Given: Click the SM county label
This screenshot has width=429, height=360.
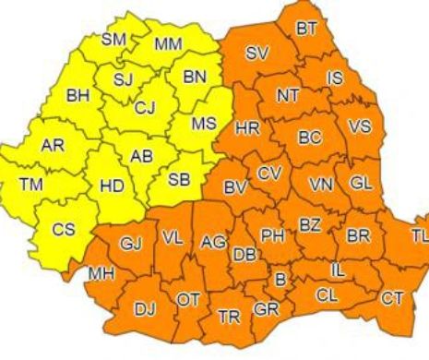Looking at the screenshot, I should [x=113, y=39].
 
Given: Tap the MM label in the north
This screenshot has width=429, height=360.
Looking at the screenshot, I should [x=168, y=43].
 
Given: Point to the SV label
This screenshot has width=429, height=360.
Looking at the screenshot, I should [x=258, y=54].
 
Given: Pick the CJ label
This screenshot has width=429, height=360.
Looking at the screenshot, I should [x=144, y=108].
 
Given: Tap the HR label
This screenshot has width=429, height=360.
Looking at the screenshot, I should [x=247, y=127].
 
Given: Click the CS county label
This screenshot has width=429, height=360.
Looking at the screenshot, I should [x=63, y=230].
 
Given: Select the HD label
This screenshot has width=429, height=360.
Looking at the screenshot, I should [x=112, y=186].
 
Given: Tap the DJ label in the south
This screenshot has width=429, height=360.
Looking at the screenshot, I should [x=145, y=309].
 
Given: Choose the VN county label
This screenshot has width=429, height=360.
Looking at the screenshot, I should [x=321, y=185].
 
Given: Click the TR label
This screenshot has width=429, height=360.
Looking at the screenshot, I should [x=228, y=317].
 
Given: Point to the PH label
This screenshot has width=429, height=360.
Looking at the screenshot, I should [x=272, y=236].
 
